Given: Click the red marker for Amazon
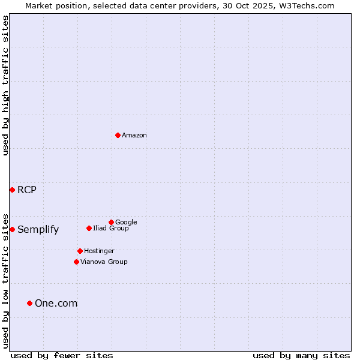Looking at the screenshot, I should coord(118,135).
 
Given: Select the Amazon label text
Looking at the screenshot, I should coord(134,136).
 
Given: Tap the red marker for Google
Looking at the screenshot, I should coord(111,222).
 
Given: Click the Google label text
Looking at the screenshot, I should coord(126,222).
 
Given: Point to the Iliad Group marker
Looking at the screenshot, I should coord(89,228).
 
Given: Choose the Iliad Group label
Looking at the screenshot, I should coord(111,229).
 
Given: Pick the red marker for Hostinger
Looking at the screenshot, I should coord(80,251).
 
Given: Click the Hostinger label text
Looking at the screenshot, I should coord(99,251).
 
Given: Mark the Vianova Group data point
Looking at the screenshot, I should coord(76,262).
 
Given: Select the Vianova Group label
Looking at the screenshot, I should coord(104,262).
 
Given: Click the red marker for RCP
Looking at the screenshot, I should coord(12,190).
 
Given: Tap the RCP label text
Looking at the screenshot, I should coord(27,190).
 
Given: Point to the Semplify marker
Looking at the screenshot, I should coord(12,229).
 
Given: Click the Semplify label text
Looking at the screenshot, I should coord(38,230).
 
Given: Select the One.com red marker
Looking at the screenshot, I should coord(29,303).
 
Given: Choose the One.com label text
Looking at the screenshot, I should coord(56,304).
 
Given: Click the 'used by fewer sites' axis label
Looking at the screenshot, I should coord(62,355).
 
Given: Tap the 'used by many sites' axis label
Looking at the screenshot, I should coord(301,355).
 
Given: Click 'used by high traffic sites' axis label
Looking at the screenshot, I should coord(5,85).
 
